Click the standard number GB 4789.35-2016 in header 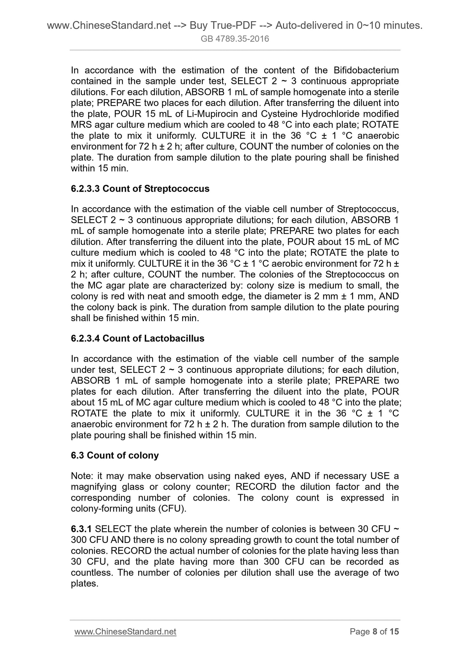click(x=235, y=39)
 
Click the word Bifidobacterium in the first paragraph click(x=366, y=70)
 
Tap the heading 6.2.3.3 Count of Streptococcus click(x=140, y=189)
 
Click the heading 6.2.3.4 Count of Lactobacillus click(x=137, y=338)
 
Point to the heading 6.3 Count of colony click(x=114, y=455)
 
